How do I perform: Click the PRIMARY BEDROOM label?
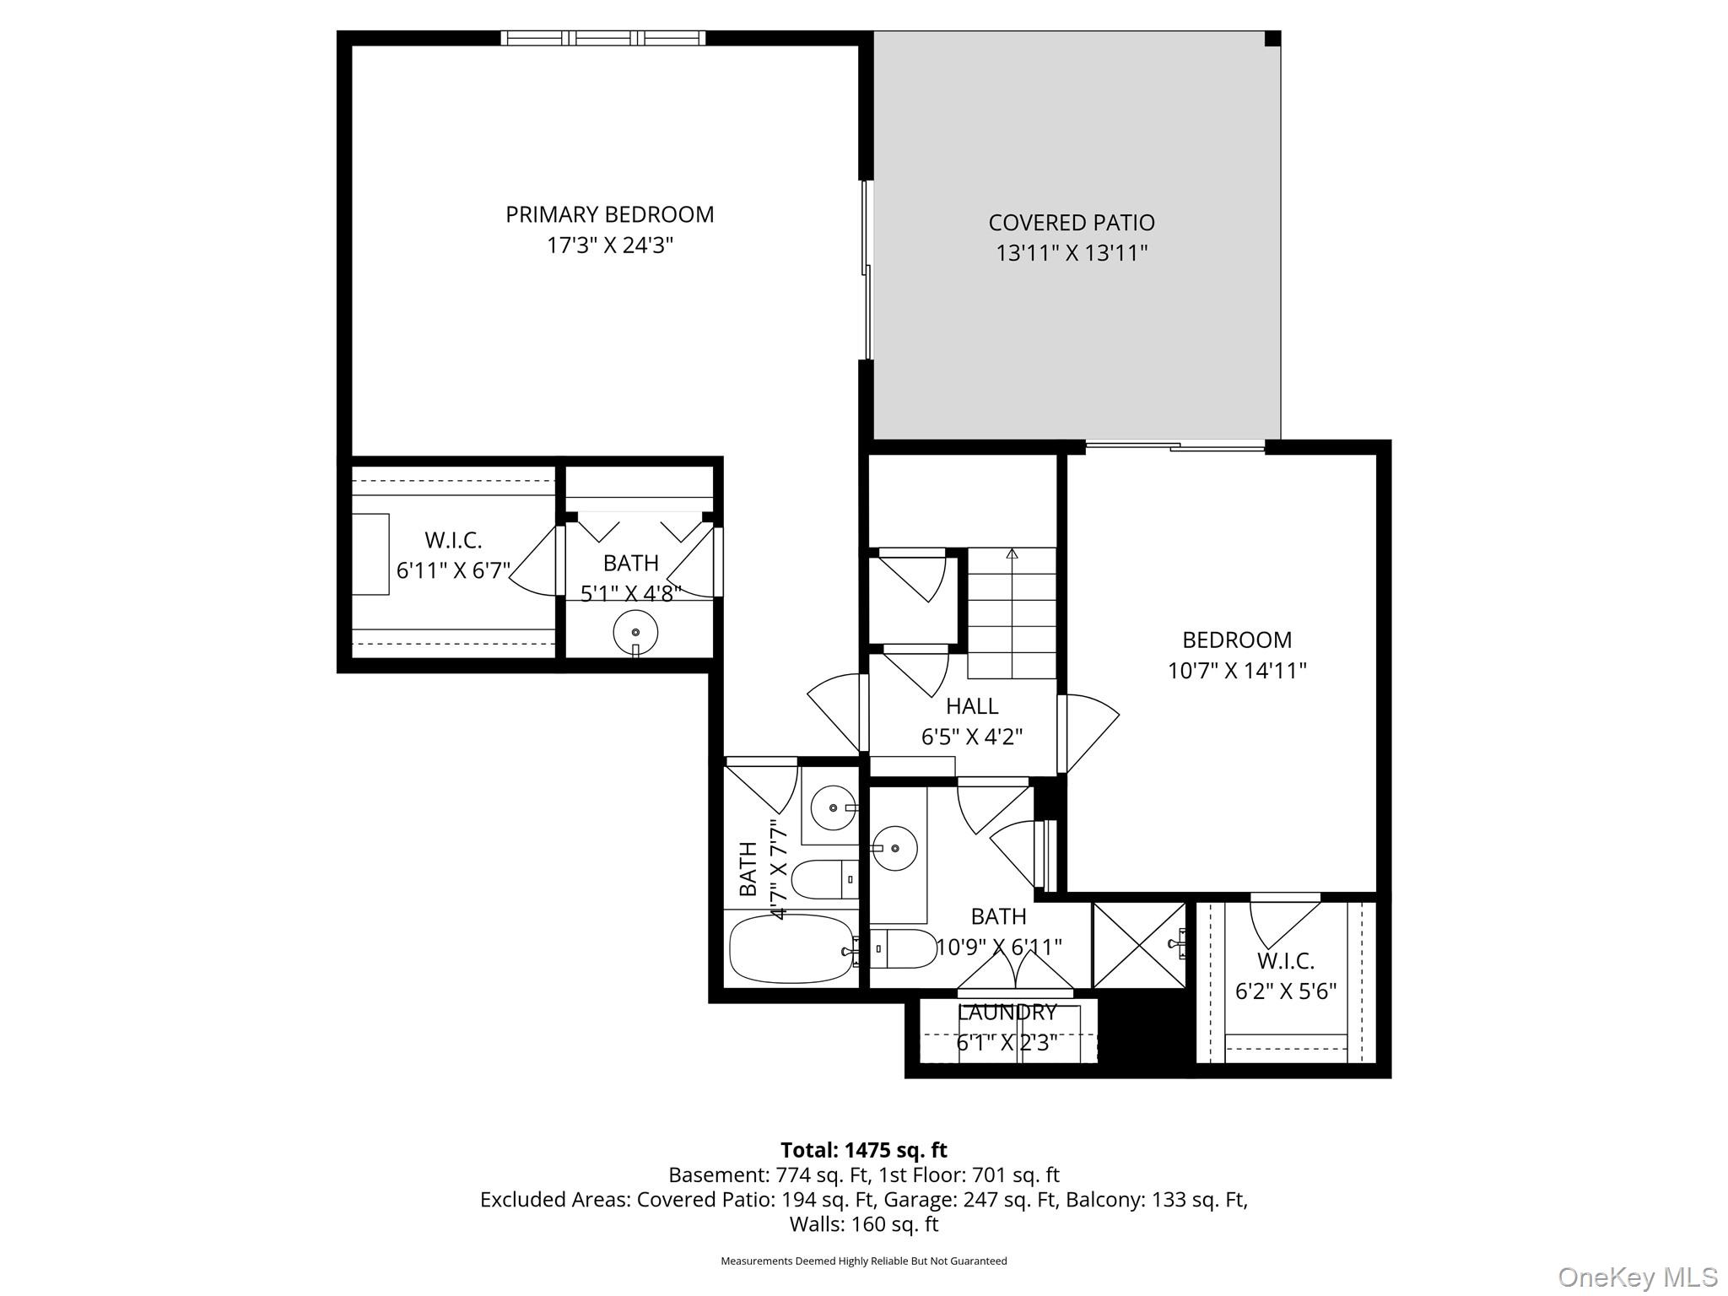coord(609,214)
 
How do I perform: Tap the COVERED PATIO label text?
coord(1071,223)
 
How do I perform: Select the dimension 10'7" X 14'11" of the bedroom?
coord(1236,671)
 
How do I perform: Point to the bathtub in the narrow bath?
coord(791,949)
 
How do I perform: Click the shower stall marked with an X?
coord(1138,944)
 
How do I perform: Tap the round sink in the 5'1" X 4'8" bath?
coord(634,632)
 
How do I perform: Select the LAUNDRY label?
coord(1006,1012)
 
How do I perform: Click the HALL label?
coord(971,706)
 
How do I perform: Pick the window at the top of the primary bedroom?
coord(602,38)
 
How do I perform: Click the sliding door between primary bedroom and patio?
coord(866,270)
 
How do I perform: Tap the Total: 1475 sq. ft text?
coord(863,1150)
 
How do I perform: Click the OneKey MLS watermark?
coord(1637,1277)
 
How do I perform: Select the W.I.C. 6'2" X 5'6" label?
coord(1285,975)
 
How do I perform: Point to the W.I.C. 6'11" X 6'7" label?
coord(453,555)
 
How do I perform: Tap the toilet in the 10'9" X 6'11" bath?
coord(901,948)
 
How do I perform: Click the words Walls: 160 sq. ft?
coord(863,1223)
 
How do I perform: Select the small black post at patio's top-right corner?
coord(1272,39)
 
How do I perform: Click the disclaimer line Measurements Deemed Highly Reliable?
coord(863,1261)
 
